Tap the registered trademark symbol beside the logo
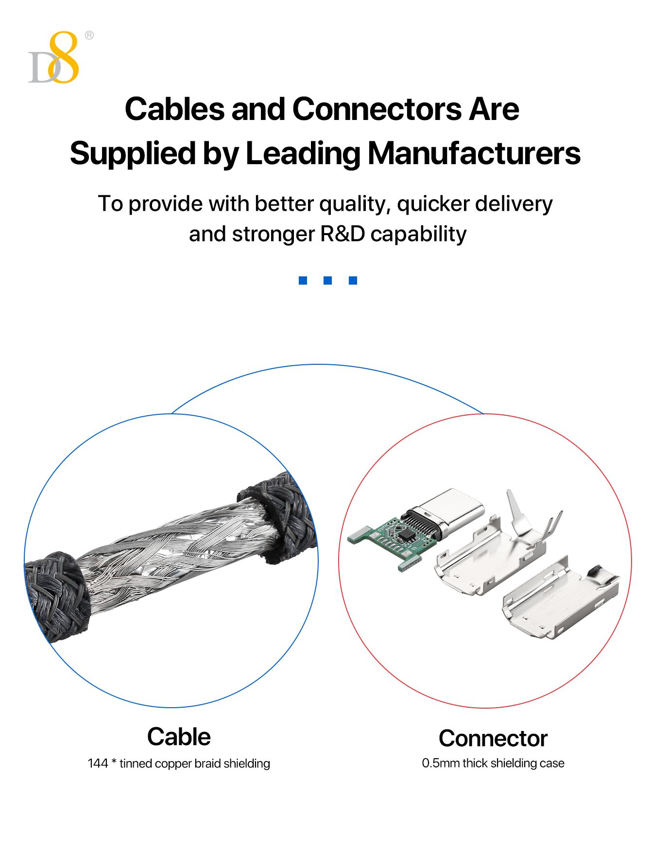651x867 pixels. [89, 35]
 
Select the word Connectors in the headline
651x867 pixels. [377, 109]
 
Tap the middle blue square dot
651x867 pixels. [328, 280]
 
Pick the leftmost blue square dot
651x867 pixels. [303, 280]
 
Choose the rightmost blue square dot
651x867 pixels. [353, 280]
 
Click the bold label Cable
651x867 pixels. [179, 737]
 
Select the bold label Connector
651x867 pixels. [493, 738]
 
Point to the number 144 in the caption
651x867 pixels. [98, 764]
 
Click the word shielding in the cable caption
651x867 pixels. [246, 764]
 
